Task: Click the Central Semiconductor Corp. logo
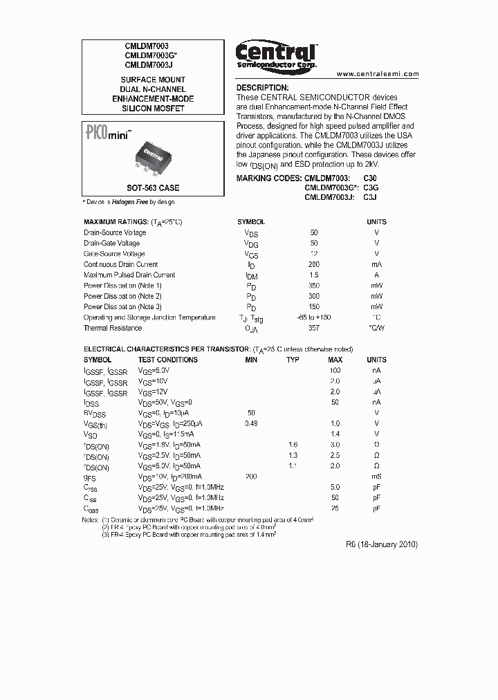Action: [276, 54]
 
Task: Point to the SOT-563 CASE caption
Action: [153, 187]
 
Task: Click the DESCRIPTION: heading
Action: [263, 88]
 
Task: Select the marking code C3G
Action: [371, 187]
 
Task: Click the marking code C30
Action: [371, 178]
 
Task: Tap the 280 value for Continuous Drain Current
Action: [315, 264]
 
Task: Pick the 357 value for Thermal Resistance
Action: [315, 328]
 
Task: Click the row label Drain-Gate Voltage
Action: [111, 243]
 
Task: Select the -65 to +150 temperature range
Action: [315, 317]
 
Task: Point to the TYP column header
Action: [293, 360]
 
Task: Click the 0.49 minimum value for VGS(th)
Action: [250, 423]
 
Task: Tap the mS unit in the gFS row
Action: [376, 477]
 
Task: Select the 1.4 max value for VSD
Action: [335, 434]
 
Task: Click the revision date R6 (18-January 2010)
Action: [381, 544]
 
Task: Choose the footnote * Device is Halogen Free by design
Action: [129, 202]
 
